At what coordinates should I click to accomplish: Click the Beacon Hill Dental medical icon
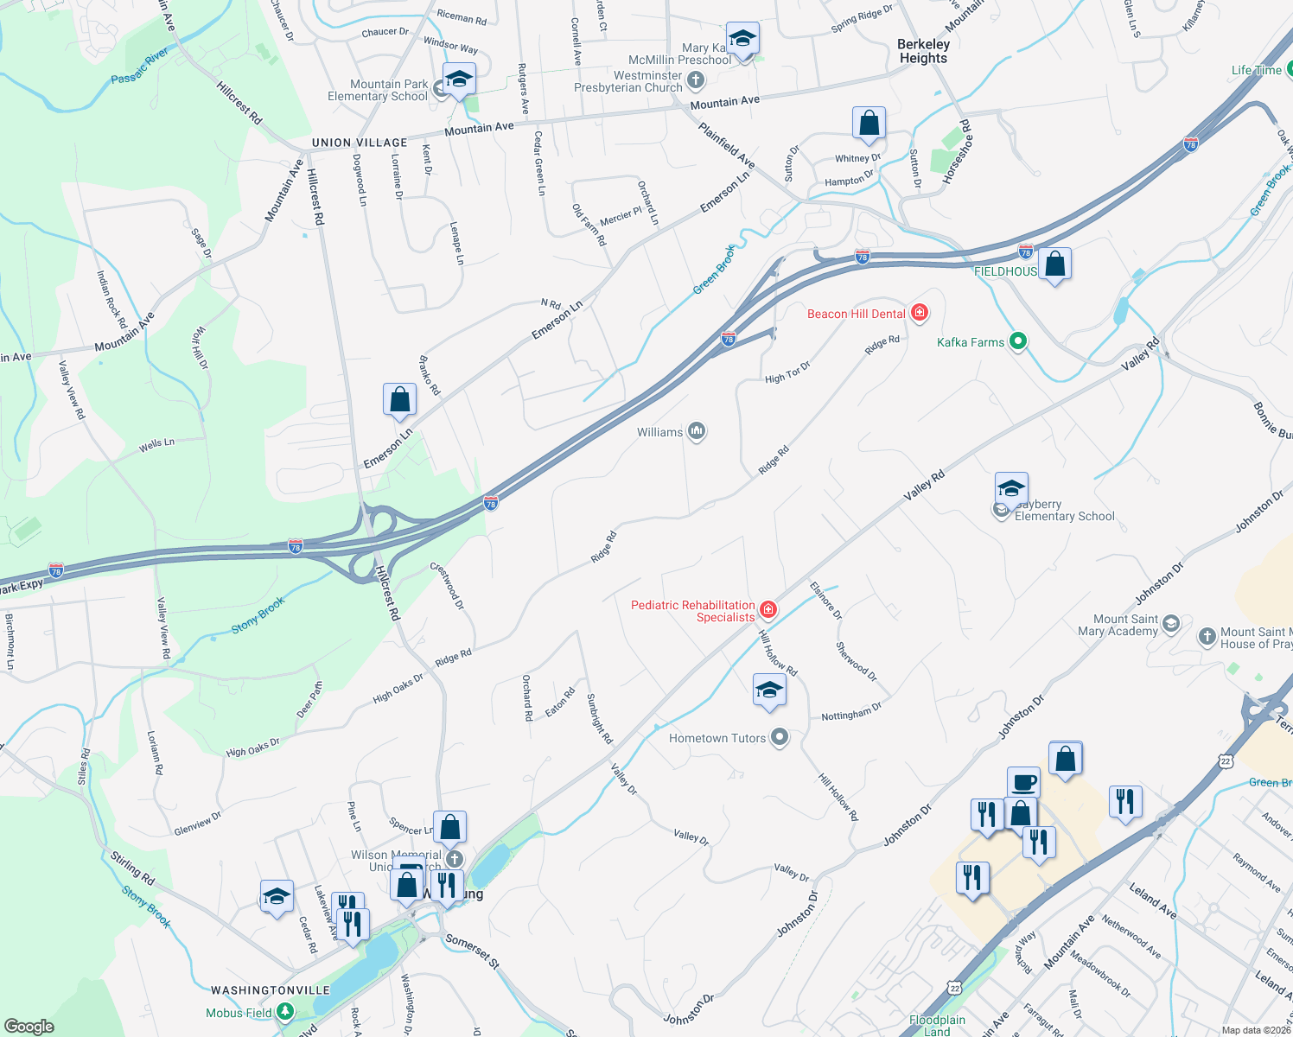(920, 313)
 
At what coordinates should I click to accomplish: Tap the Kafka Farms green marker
(1018, 341)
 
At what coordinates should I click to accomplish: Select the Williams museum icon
(697, 431)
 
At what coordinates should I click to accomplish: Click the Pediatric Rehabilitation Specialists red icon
(768, 611)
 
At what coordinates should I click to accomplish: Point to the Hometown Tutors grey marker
(780, 737)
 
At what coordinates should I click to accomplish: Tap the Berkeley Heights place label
(923, 51)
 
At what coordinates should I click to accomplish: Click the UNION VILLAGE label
(360, 143)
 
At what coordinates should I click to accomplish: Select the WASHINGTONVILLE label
(271, 990)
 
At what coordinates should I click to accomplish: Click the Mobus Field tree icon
(284, 1012)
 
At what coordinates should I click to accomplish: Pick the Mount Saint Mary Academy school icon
(1171, 623)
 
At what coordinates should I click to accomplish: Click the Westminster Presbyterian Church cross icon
(696, 80)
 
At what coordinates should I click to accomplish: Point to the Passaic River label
(140, 67)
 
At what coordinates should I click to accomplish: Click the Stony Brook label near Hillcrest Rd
(258, 615)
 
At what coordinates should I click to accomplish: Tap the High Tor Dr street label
(787, 372)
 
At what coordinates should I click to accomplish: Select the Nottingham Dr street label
(851, 712)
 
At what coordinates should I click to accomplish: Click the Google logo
(29, 1026)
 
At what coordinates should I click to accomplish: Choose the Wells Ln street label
(156, 445)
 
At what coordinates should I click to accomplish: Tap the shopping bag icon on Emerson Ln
(399, 400)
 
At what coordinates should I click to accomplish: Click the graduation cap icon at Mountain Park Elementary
(459, 80)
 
